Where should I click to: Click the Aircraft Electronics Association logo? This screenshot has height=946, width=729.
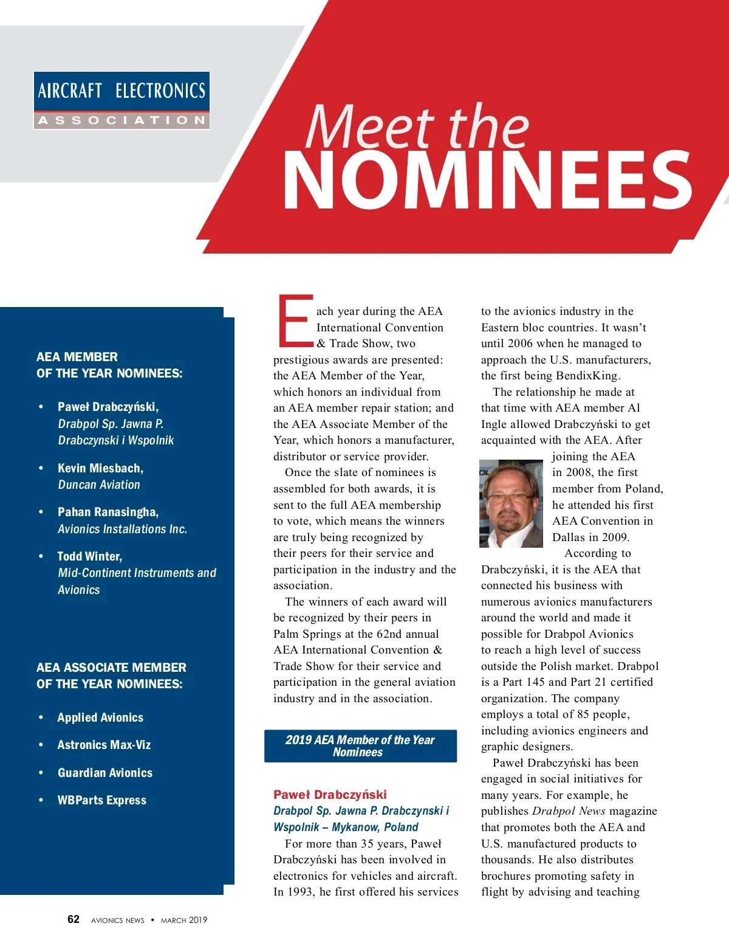pos(122,100)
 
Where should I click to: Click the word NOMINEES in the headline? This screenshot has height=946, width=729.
pos(487,181)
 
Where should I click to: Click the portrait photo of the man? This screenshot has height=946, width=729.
pos(512,504)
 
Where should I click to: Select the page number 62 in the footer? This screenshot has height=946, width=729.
pos(74,919)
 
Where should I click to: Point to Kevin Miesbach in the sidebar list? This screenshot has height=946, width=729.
pos(100,468)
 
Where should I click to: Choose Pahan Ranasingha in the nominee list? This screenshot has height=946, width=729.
pos(108,512)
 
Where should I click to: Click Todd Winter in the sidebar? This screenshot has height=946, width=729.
pos(90,556)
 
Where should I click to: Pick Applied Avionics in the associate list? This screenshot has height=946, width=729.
pos(100,717)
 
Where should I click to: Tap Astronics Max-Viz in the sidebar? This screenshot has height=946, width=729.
pos(104,745)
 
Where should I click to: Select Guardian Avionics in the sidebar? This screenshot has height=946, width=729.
pos(105,773)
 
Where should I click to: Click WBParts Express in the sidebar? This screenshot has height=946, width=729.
pos(102,800)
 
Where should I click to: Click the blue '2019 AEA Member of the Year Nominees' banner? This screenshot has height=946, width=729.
pos(360,746)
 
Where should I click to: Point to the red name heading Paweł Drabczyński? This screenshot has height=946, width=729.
pos(330,795)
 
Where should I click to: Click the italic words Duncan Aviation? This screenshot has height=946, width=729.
pos(99,485)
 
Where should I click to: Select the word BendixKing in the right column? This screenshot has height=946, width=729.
pos(587,376)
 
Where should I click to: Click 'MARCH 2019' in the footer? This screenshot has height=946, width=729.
pos(184,920)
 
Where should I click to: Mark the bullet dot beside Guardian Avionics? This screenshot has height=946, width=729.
pos(41,773)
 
